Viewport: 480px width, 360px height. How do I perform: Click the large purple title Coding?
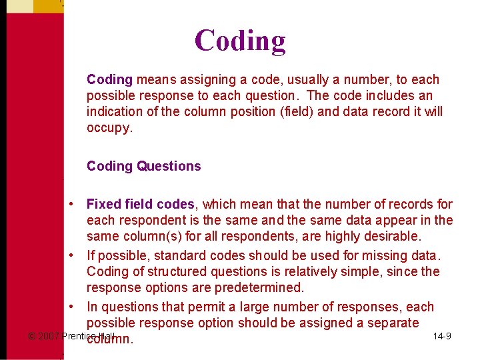240,41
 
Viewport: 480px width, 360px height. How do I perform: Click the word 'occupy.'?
110,127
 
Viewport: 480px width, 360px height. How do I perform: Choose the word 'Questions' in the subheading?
169,166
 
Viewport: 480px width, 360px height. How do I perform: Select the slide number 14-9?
441,336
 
